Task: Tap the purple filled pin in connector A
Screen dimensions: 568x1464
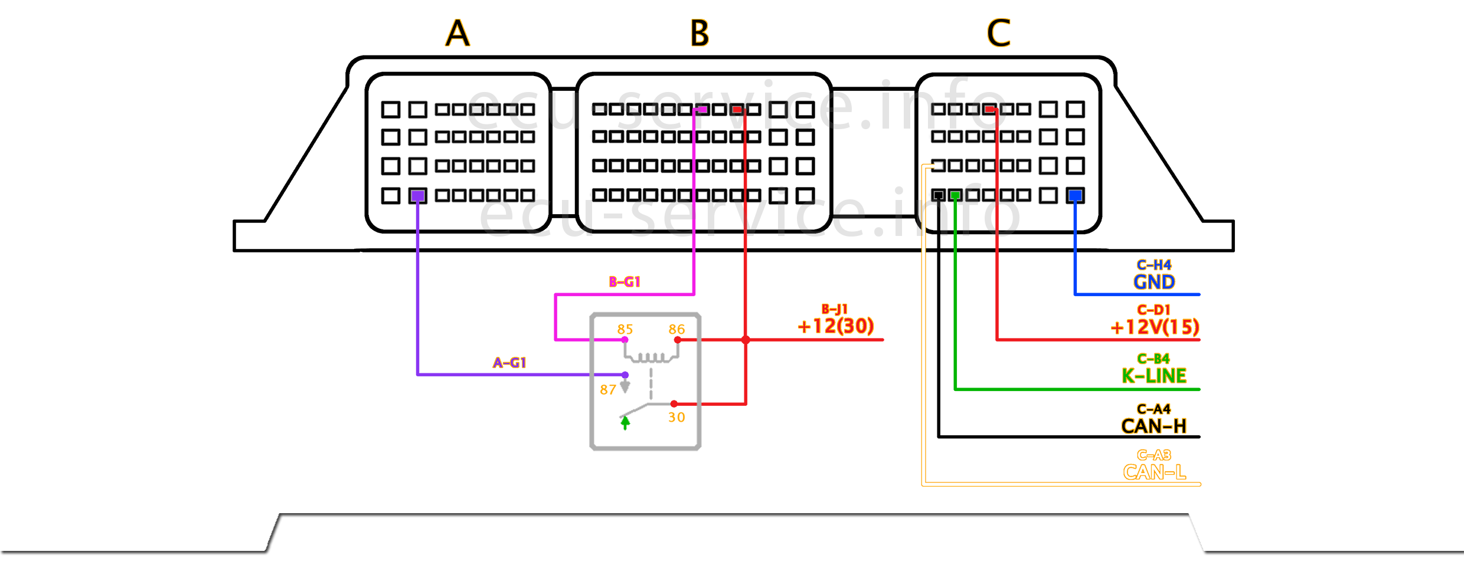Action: pos(418,195)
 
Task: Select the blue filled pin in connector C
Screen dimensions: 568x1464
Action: pos(1075,195)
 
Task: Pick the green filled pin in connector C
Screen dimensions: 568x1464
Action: pos(955,195)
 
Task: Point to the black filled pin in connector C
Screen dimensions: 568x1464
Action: pos(938,195)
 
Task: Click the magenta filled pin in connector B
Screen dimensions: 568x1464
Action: pos(701,109)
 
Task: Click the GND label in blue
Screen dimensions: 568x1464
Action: pos(1154,282)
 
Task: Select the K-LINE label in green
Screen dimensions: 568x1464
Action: pos(1154,376)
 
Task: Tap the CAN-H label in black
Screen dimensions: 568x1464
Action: pos(1154,426)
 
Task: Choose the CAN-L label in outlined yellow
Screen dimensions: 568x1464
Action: pos(1154,472)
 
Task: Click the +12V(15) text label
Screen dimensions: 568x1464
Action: pos(1154,327)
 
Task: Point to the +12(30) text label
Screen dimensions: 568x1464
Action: pos(835,326)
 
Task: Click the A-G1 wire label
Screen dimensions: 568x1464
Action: pos(509,363)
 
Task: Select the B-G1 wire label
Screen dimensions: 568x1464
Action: pos(625,282)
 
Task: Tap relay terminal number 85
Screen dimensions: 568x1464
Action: pos(625,329)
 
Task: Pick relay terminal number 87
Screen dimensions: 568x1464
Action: pos(608,389)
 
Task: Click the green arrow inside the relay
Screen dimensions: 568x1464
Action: pos(625,422)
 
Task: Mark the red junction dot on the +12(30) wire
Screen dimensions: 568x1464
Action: pos(746,340)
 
